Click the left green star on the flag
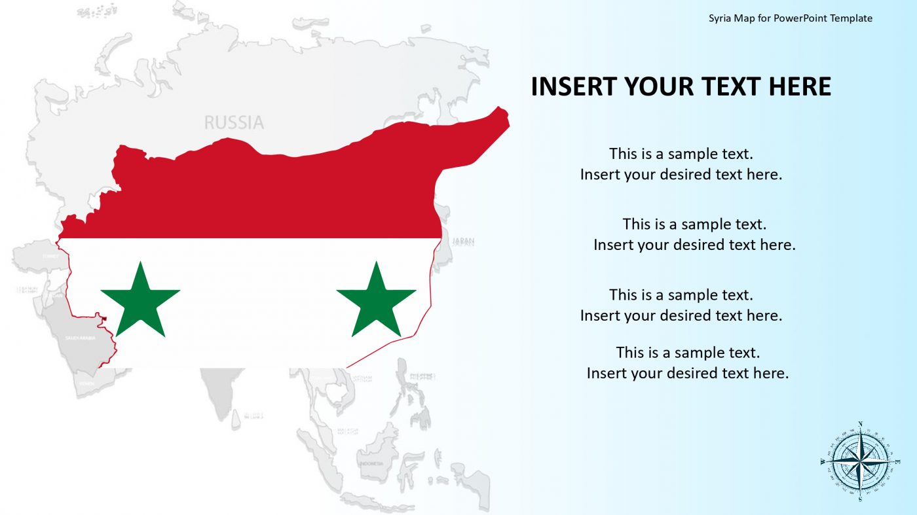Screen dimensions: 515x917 point(140,301)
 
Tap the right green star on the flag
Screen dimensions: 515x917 point(376,301)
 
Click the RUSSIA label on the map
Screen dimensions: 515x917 point(234,122)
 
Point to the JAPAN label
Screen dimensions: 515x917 point(463,241)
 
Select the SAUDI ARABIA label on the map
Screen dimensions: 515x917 point(80,338)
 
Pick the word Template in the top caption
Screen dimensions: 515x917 point(851,18)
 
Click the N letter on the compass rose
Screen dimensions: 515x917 point(860,424)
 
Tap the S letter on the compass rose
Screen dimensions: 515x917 point(860,499)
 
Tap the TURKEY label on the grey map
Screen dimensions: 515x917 point(50,257)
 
